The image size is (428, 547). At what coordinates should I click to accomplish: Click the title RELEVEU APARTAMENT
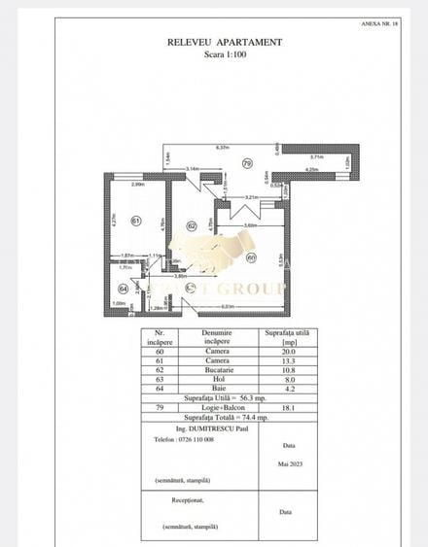point(225,43)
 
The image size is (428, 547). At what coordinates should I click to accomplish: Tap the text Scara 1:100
point(225,55)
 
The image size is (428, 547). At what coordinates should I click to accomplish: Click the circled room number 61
point(136,220)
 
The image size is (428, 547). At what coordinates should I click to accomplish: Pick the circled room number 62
point(192,225)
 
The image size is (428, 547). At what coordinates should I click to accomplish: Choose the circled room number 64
point(124,289)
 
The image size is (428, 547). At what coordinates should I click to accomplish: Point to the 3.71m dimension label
point(316,155)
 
